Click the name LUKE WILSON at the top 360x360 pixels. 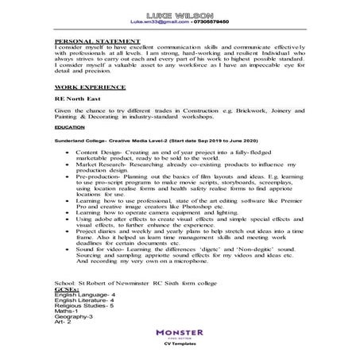pos(179,15)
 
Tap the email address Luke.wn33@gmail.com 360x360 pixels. pos(154,24)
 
